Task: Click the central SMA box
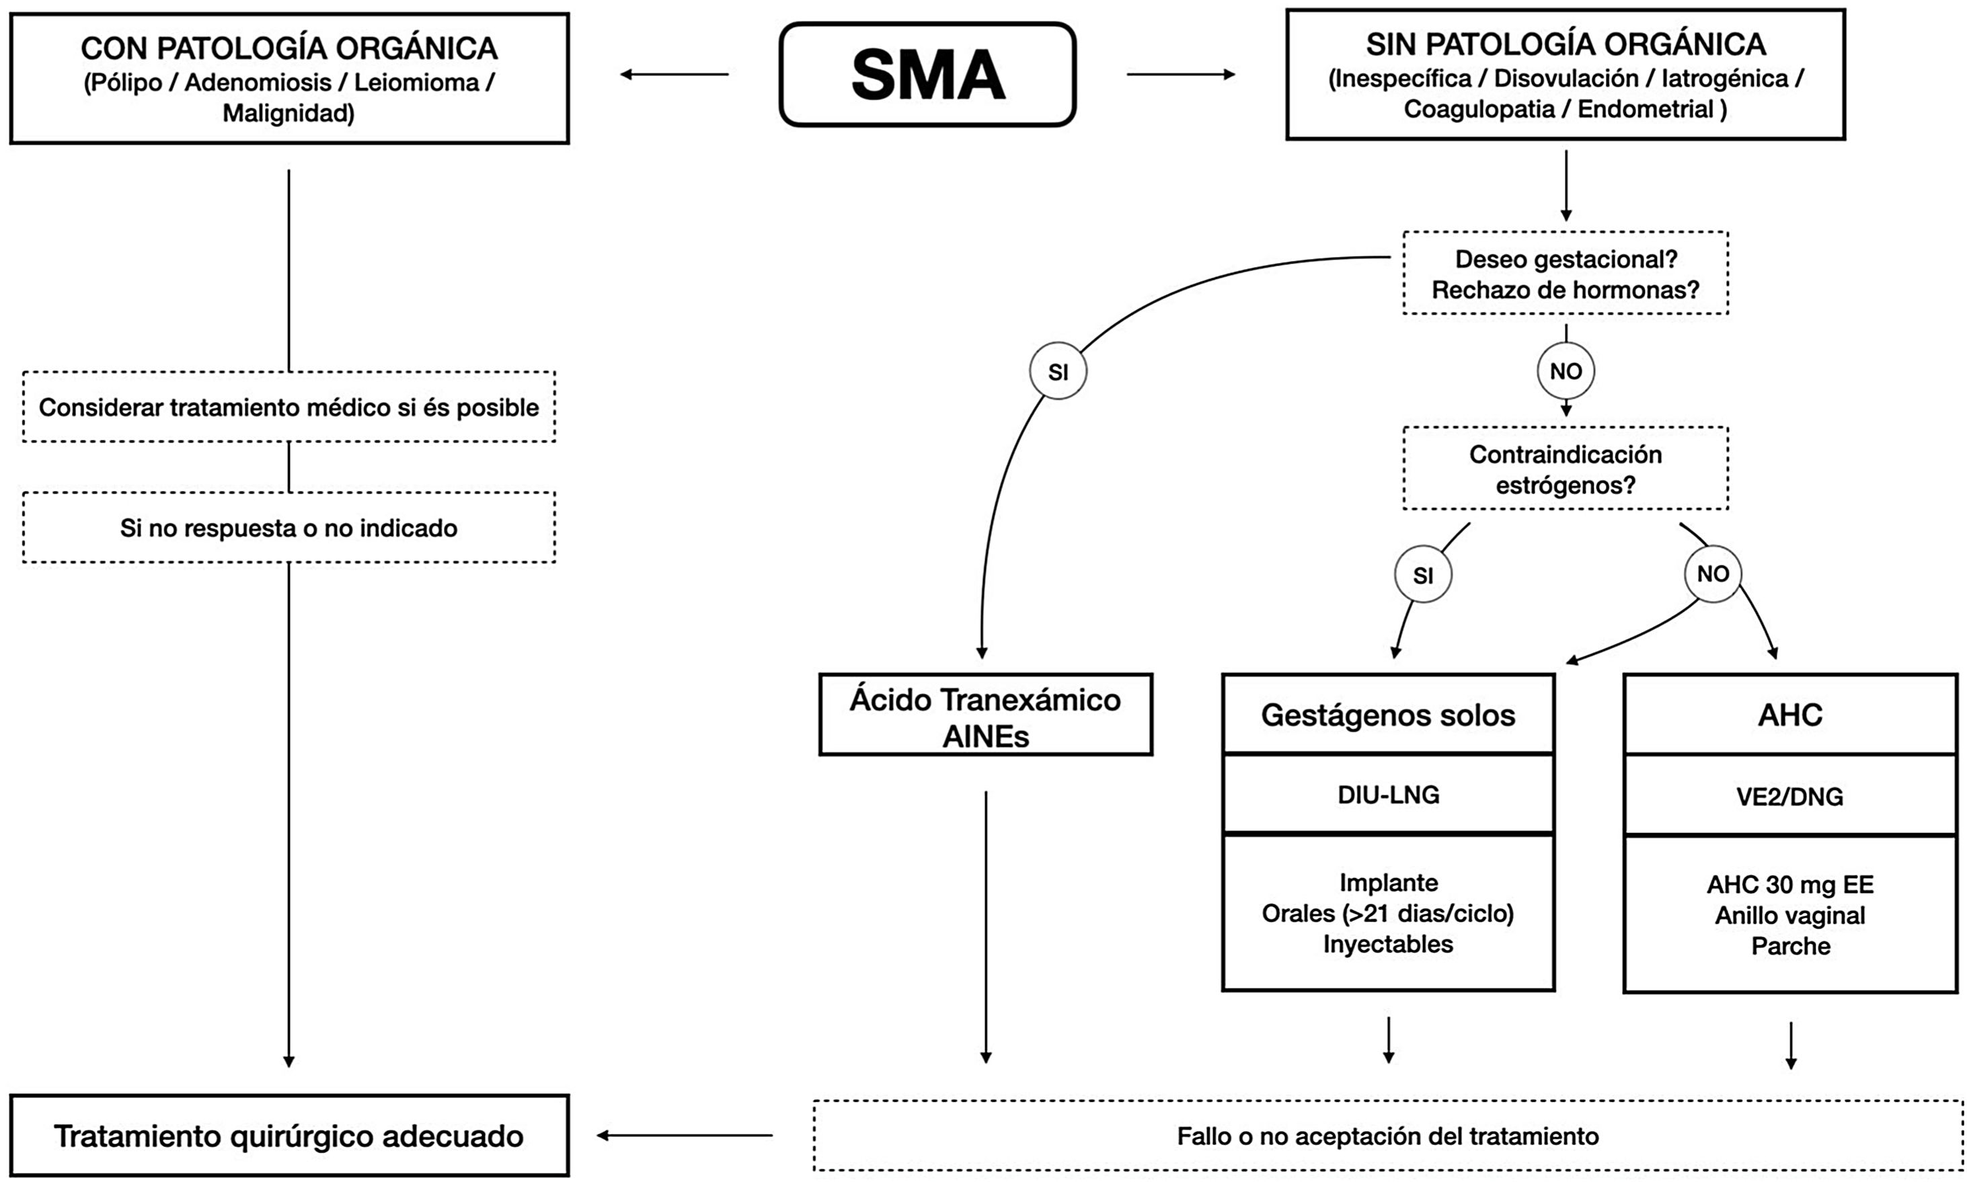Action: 927,75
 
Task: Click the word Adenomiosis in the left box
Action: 258,82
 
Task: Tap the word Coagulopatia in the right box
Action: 1478,109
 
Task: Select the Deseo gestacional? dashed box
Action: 1565,273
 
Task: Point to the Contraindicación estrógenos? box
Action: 1565,469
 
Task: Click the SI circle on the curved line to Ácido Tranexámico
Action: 1058,371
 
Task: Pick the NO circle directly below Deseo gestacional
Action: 1566,371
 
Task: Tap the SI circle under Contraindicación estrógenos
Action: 1423,574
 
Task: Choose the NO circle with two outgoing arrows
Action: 1713,574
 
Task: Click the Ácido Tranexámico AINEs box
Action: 985,715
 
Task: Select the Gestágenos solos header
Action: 1388,715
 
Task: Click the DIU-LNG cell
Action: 1388,794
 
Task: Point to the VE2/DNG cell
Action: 1789,797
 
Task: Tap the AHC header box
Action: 1789,715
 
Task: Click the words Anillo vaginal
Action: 1789,915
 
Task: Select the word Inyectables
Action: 1388,944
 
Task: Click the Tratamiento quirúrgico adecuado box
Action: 289,1136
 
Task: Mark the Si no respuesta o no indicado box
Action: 289,528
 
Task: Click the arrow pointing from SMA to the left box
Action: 674,75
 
